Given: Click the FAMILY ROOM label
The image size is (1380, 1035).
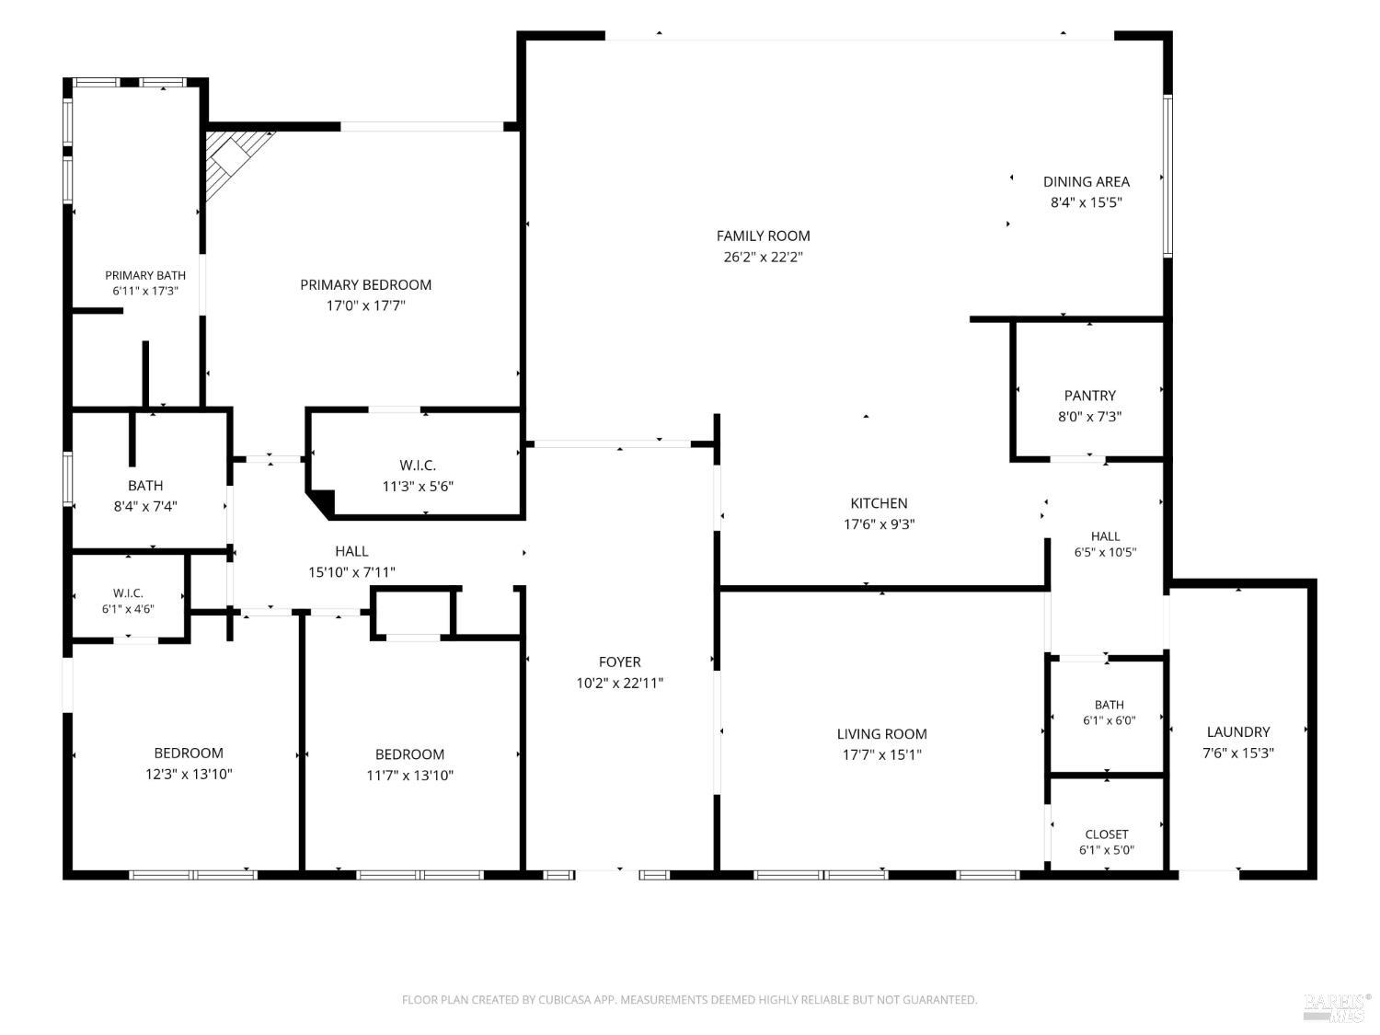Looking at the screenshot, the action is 763,236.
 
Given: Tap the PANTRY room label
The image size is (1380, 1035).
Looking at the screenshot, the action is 1089,396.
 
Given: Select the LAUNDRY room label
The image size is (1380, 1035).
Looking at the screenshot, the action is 1238,731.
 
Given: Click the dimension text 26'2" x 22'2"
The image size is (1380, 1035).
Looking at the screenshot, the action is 763,257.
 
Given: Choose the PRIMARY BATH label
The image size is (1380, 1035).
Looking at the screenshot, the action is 145,275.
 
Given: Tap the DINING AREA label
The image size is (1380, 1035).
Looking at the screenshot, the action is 1086,181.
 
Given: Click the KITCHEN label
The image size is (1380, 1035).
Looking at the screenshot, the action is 879,502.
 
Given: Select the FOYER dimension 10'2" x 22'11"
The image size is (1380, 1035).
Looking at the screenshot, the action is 619,683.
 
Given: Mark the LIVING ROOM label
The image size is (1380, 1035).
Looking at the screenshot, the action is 881,733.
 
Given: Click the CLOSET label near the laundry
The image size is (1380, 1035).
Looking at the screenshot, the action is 1106,834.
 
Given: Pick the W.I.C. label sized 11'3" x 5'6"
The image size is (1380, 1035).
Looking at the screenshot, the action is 418,465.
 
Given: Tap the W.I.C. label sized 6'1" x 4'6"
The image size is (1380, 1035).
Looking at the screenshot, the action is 128,592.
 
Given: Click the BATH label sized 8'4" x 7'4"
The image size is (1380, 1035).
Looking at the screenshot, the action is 145,485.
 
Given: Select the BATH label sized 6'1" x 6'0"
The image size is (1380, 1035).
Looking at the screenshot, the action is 1109,705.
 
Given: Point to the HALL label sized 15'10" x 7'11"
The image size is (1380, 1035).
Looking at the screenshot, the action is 351,551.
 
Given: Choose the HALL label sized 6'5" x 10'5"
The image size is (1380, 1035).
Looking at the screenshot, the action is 1105,536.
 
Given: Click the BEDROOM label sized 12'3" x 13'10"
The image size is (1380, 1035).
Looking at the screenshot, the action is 189,753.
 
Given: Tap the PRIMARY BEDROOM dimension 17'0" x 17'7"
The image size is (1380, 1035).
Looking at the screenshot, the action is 365,305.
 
